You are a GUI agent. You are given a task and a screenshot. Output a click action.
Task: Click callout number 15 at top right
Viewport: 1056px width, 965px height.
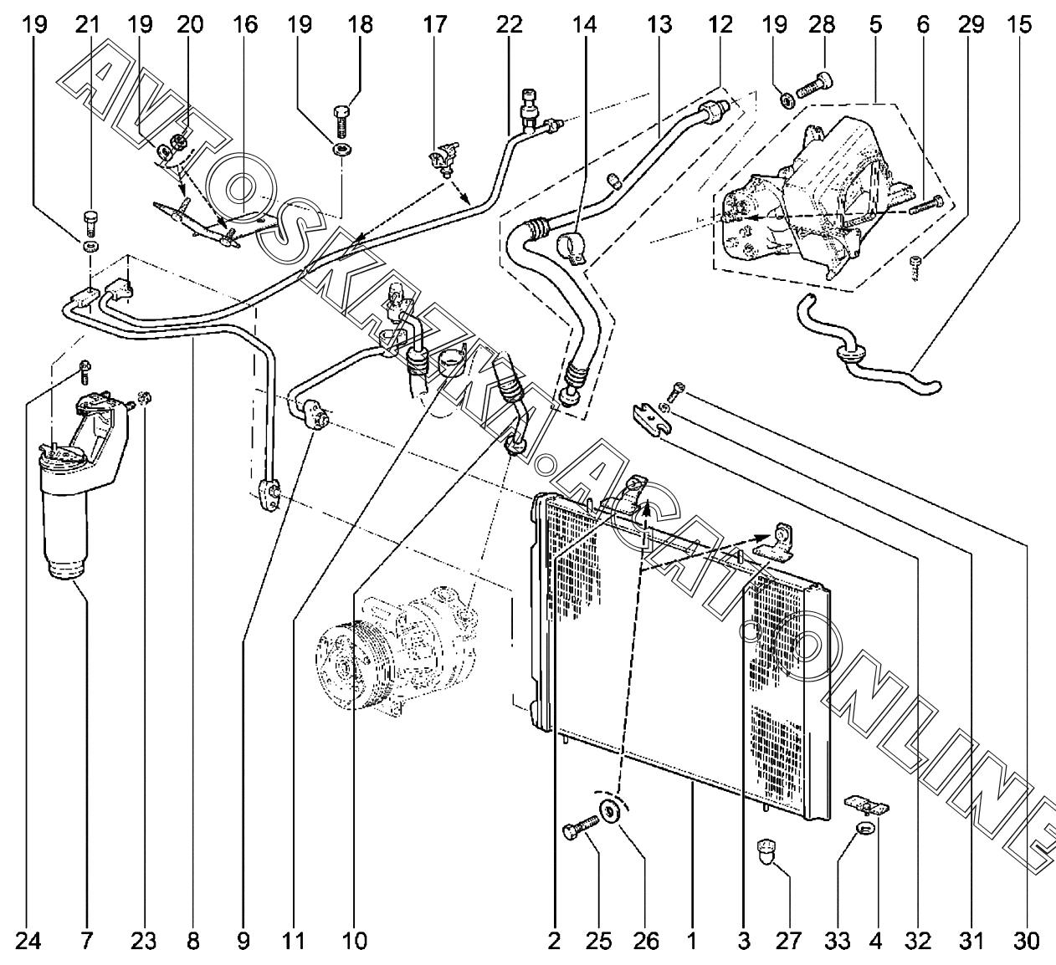point(1020,24)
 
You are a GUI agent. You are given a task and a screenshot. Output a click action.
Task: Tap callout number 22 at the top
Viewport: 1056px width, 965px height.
point(509,24)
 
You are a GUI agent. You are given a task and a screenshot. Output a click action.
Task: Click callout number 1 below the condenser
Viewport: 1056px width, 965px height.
point(692,942)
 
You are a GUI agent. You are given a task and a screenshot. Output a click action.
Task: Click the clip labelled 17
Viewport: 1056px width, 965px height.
point(444,160)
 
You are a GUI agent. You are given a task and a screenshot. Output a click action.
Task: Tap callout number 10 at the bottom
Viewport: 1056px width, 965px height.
point(355,942)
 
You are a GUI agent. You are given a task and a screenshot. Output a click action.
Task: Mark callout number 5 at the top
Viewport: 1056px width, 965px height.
point(875,24)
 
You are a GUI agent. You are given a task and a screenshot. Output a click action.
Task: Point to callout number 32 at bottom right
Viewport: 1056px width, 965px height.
point(918,942)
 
